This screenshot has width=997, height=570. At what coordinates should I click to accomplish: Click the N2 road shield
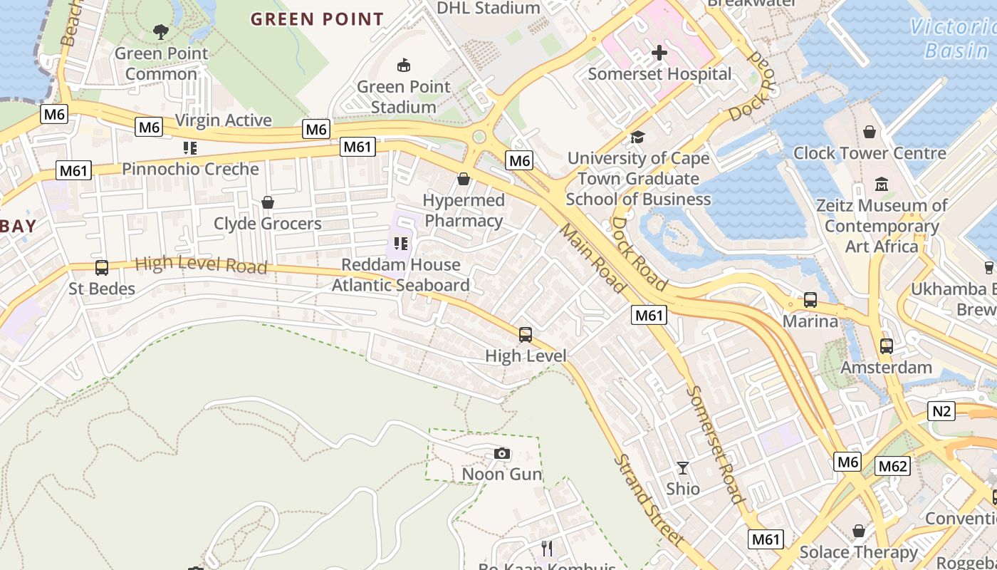point(941,410)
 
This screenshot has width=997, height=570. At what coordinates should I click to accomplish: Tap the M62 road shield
point(892,466)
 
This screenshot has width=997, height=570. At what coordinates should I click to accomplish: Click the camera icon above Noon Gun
point(502,454)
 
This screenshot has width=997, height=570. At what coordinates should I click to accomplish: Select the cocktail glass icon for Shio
point(683,468)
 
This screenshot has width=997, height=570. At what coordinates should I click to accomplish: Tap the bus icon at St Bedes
point(102,268)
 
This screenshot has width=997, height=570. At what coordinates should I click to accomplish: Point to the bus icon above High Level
point(526,334)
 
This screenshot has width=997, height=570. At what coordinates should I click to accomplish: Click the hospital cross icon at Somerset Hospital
point(659,53)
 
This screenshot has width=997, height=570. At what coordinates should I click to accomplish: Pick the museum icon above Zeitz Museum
point(882,185)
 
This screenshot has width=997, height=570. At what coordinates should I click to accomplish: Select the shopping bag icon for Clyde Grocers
point(268,202)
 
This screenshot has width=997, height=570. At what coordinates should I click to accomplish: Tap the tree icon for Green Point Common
point(161,32)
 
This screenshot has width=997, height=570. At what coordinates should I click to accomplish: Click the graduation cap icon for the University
point(637,137)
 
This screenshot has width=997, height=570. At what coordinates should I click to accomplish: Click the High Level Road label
point(201,265)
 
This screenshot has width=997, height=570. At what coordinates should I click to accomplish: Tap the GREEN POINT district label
point(317,19)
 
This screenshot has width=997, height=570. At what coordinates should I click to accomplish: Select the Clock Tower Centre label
point(870,153)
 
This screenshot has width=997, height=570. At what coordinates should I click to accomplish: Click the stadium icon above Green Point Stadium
point(404,66)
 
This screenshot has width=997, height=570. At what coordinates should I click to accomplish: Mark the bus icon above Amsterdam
point(886,346)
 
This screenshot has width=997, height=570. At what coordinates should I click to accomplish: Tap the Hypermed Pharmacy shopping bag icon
point(464,179)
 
